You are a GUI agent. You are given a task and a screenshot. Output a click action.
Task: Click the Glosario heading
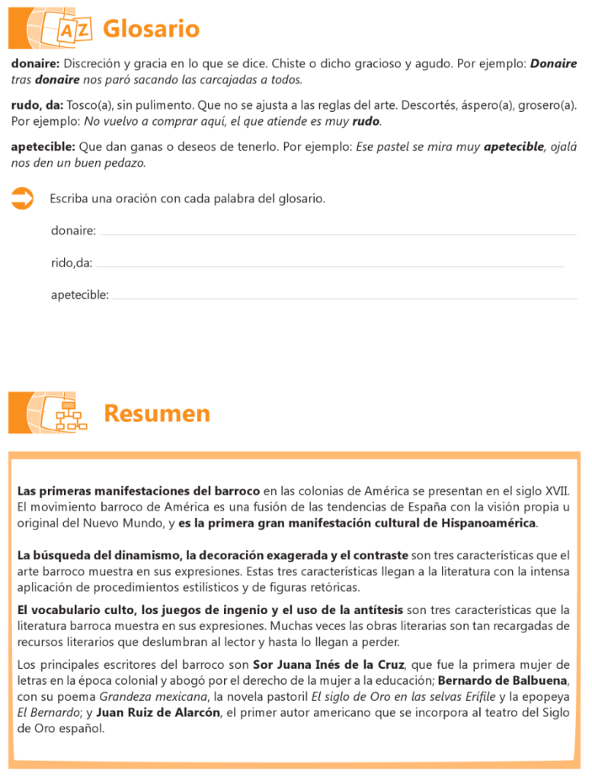151,29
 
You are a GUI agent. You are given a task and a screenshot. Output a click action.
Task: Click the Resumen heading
156,414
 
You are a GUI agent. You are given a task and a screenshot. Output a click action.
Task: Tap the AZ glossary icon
75,30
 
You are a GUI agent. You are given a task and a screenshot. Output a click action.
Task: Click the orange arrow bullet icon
23,200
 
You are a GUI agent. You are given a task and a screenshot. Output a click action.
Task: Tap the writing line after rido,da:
331,266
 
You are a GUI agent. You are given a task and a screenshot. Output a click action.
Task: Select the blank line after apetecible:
344,298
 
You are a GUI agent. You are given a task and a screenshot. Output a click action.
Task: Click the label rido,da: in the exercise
72,263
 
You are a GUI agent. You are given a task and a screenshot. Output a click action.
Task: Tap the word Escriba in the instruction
69,199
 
